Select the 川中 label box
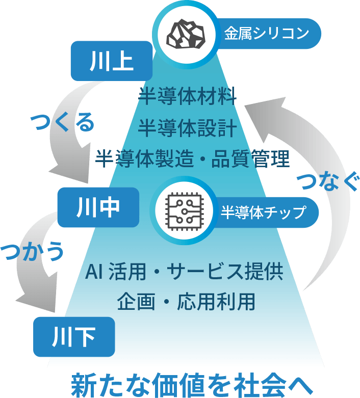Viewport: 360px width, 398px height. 98,207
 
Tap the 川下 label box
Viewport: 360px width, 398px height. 74,336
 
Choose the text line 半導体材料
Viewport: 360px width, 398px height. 187,96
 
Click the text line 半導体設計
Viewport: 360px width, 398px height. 187,127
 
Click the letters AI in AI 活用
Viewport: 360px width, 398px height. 94,272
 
